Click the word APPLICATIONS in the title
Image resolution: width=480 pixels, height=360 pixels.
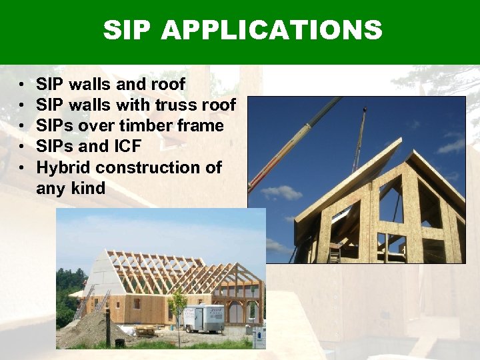coord(272,30)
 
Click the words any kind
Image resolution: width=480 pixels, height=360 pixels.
coord(71,188)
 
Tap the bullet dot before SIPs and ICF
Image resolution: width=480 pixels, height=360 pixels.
coord(21,147)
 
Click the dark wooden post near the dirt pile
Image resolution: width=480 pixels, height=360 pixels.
coord(107,327)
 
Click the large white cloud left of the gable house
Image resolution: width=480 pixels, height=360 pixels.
coord(281,193)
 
